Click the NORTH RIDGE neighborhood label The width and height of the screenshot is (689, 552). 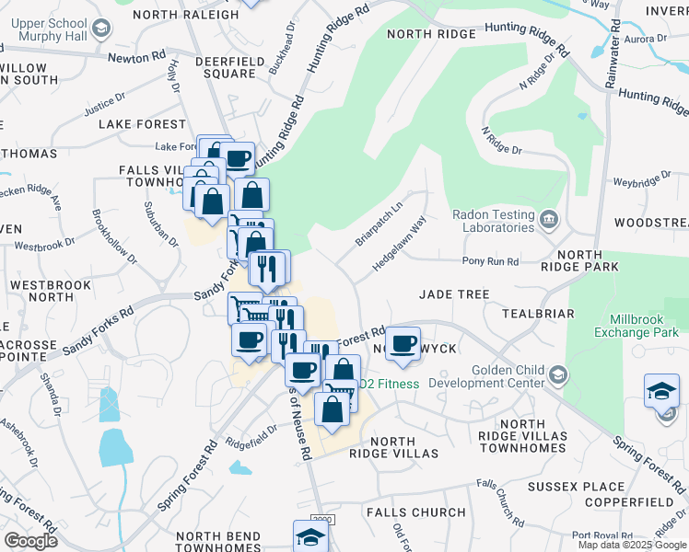pos(431,34)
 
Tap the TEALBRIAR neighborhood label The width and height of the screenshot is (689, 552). pos(538,314)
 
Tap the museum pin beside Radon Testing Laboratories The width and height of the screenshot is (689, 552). pos(549,218)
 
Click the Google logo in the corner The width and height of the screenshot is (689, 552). pos(30,541)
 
